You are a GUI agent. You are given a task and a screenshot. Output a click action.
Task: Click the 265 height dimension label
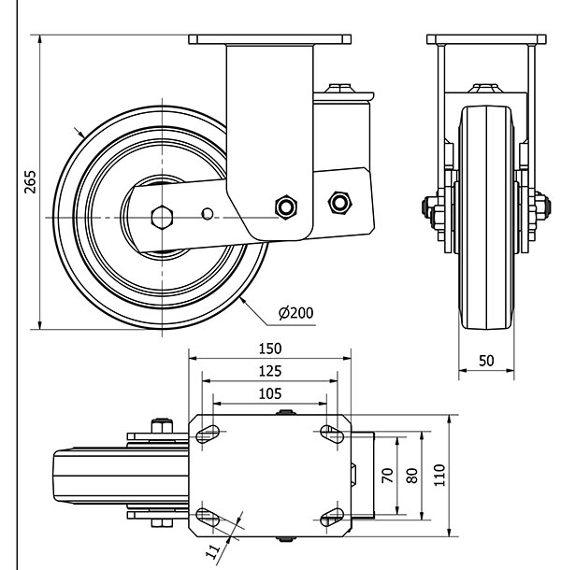coord(29,181)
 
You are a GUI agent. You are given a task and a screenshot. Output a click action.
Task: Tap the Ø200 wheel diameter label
coord(295,312)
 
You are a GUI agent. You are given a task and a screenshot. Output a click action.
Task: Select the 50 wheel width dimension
coord(486,360)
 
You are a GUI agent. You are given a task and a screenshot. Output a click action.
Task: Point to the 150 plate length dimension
coord(269,348)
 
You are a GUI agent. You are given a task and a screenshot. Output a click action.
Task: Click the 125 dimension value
coord(269,371)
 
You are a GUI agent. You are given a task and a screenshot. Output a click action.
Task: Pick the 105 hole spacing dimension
coord(269,393)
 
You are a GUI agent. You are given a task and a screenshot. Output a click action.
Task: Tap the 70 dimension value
coord(386,475)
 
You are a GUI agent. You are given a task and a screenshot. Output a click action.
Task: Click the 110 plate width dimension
coord(439,475)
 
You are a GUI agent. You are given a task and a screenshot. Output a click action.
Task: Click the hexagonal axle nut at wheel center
coord(162,218)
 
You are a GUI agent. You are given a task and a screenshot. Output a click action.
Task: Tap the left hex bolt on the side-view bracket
coord(284,206)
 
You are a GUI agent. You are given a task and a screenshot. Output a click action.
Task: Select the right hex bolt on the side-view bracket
coord(338,201)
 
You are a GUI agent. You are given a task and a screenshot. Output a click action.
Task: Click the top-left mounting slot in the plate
coord(209,432)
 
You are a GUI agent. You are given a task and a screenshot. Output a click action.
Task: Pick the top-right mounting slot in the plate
coord(331,432)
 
